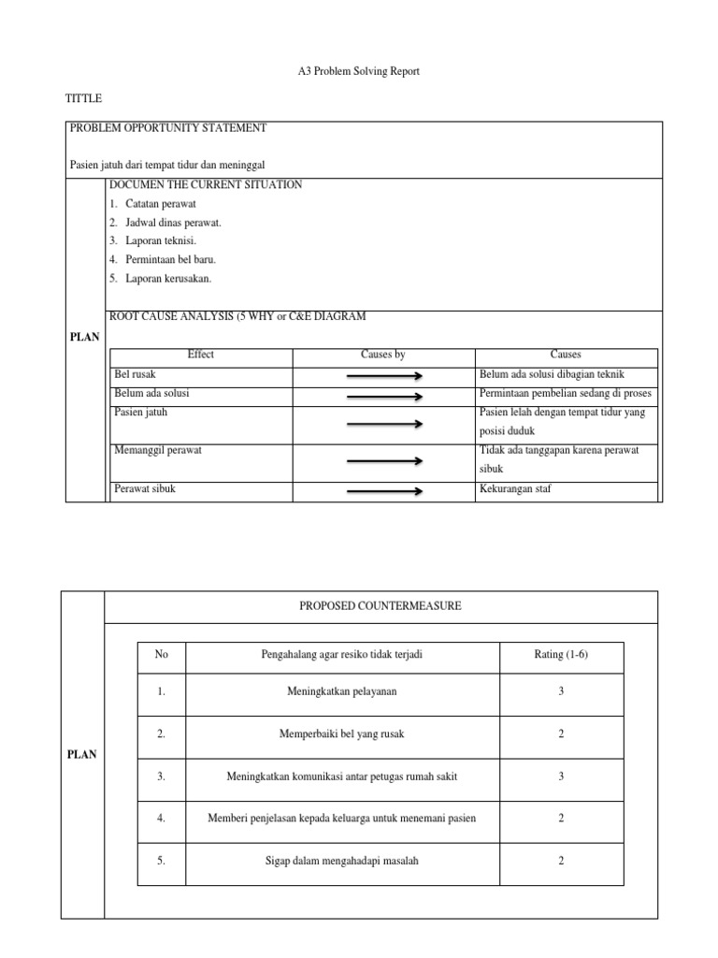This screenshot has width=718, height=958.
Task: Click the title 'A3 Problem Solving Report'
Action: (x=359, y=72)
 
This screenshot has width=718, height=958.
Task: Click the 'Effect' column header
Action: (x=200, y=356)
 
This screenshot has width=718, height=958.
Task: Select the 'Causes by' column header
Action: (x=383, y=356)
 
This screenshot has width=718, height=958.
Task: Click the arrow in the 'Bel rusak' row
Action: (x=384, y=376)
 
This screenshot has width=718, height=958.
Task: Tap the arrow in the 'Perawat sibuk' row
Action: (x=384, y=490)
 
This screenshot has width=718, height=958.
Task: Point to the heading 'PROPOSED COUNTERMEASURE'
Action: (x=381, y=607)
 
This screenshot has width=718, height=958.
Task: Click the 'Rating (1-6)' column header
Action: (x=561, y=655)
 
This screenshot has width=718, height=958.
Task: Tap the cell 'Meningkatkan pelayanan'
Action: (x=341, y=692)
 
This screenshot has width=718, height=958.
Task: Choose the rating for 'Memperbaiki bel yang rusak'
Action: (x=561, y=735)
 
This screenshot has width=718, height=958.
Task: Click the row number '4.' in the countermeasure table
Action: (x=162, y=819)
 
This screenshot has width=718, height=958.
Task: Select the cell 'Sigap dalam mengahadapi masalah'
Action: (x=341, y=862)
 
